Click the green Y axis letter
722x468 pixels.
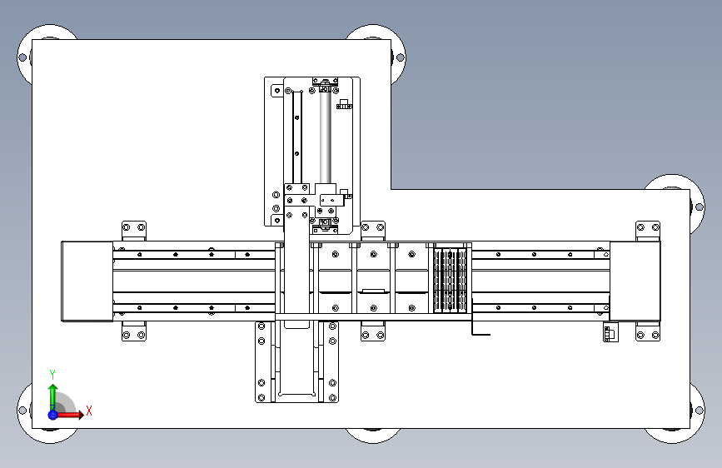coord(52,374)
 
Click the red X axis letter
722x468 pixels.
coord(89,411)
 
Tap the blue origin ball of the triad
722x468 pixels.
coord(53,415)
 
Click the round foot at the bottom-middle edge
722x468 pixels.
coord(373,436)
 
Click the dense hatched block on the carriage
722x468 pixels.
coord(451,280)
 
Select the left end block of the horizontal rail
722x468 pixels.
coord(87,281)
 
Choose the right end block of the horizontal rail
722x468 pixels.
coord(635,281)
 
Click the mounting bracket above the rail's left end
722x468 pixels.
coord(134,231)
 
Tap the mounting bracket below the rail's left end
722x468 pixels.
coord(134,331)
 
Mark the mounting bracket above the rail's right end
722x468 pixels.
coord(648,231)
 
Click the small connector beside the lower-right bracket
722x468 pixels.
coord(610,332)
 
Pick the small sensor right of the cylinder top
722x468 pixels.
coord(344,104)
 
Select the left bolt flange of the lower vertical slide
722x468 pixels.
coord(262,362)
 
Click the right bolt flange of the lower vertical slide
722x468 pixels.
coord(332,362)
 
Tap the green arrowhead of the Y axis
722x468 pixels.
coord(52,388)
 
